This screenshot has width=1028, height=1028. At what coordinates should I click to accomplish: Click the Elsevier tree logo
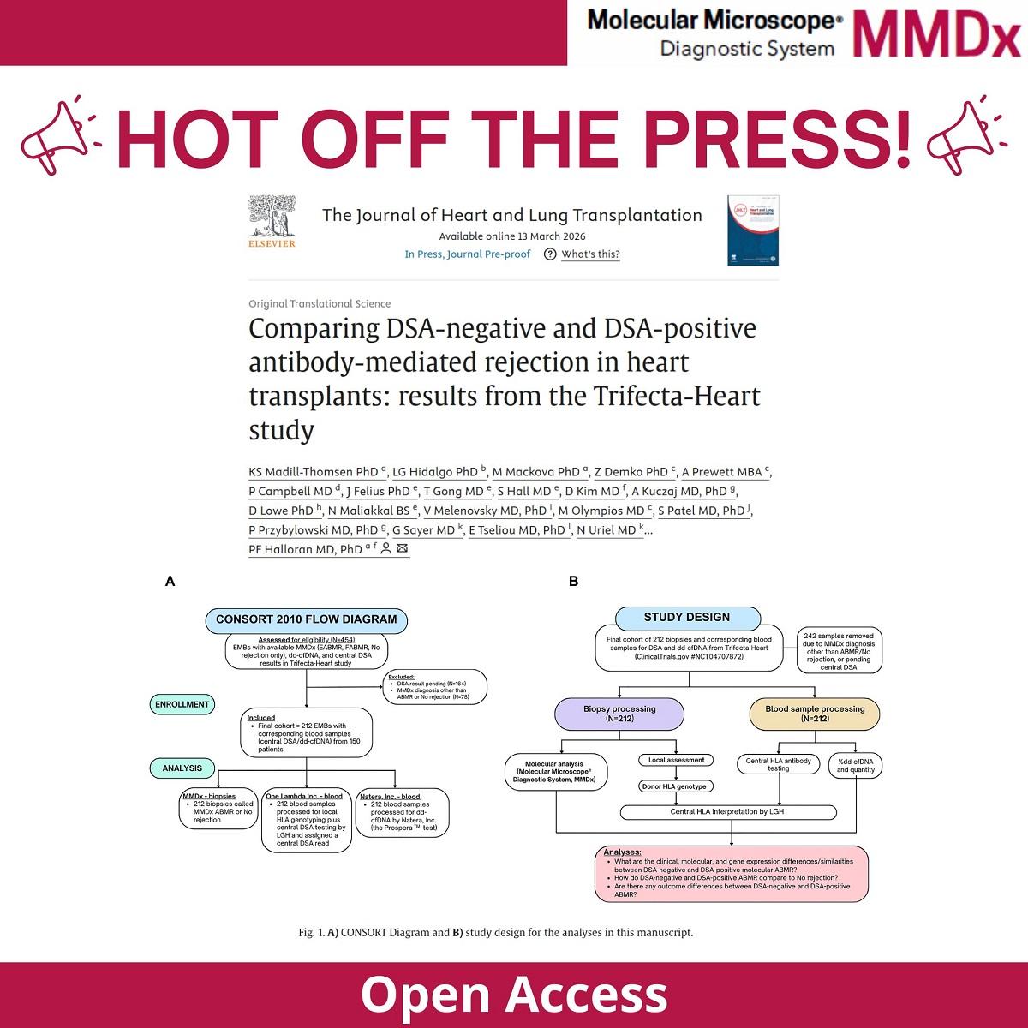[x=271, y=221]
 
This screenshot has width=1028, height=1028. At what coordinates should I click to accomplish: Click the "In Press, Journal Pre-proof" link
[x=468, y=254]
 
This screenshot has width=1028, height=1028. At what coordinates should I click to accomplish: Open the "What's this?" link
[x=590, y=254]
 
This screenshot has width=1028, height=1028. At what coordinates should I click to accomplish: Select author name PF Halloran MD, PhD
[x=305, y=550]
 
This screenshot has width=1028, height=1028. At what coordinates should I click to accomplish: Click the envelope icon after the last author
[x=403, y=549]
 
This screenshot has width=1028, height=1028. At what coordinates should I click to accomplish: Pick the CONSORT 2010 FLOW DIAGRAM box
[x=306, y=619]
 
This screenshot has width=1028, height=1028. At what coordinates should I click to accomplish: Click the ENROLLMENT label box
[x=182, y=704]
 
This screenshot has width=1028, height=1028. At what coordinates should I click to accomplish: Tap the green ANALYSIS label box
[x=182, y=768]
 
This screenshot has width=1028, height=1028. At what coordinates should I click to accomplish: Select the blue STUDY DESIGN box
[x=687, y=617]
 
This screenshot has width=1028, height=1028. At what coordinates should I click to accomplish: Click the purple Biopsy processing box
[x=619, y=714]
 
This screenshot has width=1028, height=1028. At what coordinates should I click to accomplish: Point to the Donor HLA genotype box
[x=677, y=786]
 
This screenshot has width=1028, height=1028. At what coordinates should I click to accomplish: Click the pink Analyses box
[x=731, y=873]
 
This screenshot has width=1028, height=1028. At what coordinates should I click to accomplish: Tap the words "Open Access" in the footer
[x=514, y=994]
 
